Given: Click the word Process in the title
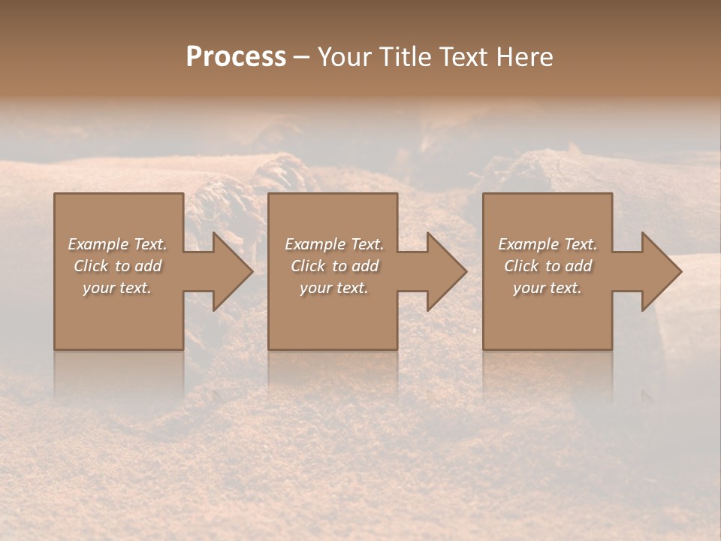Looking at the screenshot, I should coord(236,57).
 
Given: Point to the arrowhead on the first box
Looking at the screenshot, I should coord(232,271).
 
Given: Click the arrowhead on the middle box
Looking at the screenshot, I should coord(446,271).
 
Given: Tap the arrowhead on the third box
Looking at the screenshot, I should coord(661,271).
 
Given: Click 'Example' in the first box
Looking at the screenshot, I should coord(98,244).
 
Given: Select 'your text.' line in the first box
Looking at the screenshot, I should coord(117,288).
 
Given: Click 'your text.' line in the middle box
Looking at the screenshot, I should coord(333,288).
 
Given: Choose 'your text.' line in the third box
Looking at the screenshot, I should coord(548,288).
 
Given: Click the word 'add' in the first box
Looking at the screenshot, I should coord(149,266).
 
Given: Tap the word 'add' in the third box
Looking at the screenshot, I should coord(579,266).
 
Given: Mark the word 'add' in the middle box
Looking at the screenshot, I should coord(366,266).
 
